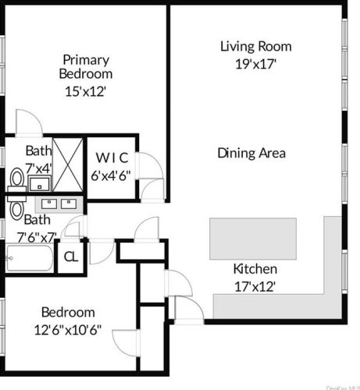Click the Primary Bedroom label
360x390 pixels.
click(86, 66)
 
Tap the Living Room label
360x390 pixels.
click(250, 46)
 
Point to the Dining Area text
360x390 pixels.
click(251, 153)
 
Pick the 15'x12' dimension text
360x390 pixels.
click(86, 90)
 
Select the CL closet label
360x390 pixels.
click(70, 257)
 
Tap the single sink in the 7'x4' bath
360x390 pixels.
click(38, 184)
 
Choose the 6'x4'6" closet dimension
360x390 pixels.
click(113, 175)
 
